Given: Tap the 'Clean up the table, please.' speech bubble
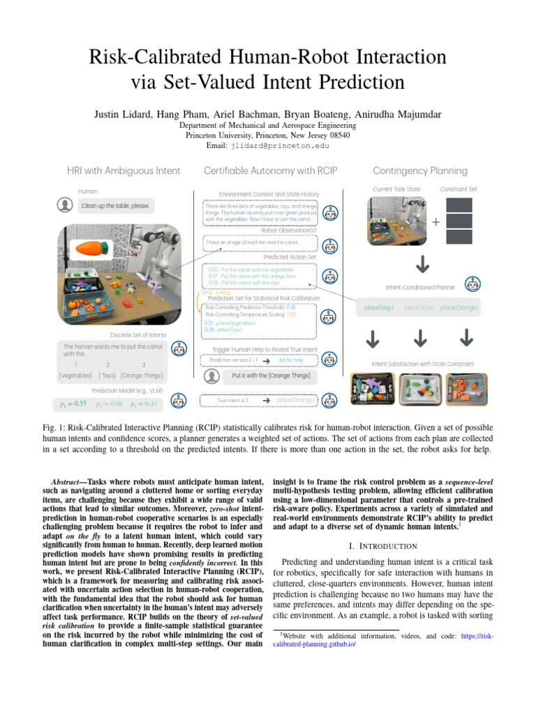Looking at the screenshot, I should coord(115,206).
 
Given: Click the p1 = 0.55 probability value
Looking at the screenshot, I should coord(73,403).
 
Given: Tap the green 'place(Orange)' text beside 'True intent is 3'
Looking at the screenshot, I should coord(295,400).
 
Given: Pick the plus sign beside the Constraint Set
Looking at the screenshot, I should coord(437,222).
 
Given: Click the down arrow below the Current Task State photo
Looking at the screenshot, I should coord(422,265).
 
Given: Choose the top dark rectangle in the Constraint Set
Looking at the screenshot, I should coord(459,205).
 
